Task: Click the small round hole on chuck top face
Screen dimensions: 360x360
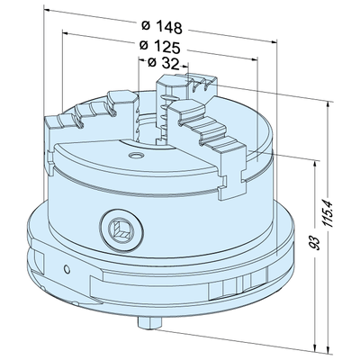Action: pos(134,156)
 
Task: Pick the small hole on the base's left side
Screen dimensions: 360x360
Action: pos(67,268)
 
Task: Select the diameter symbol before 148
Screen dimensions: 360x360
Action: pos(145,24)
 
